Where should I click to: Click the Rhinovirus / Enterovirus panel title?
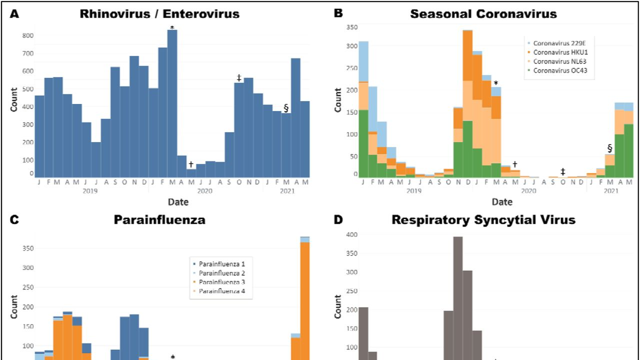point(159,13)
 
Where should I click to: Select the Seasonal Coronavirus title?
point(483,13)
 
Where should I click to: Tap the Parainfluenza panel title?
point(159,220)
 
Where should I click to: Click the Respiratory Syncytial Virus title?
point(483,220)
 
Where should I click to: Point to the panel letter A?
point(14,13)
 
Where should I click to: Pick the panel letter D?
point(338,220)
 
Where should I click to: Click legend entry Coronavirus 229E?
point(555,42)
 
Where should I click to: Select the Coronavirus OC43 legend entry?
point(555,71)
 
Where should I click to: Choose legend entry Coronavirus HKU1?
point(555,52)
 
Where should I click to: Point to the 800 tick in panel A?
point(27,35)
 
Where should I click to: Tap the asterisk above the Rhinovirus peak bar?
point(172,27)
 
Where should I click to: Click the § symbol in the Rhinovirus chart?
point(286,107)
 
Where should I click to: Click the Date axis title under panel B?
point(501,202)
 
